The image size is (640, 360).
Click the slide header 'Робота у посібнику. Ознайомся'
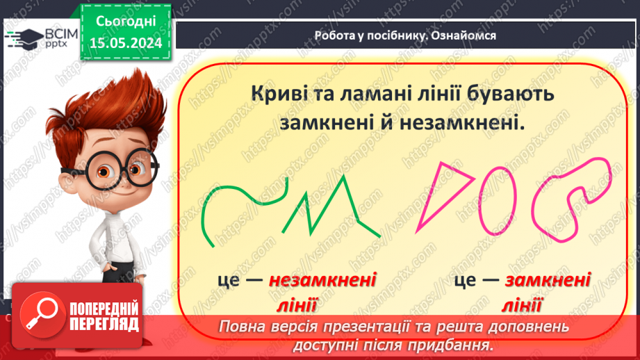(x=405, y=35)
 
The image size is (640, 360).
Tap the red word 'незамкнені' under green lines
(x=322, y=281)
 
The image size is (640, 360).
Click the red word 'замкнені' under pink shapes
(x=548, y=281)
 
